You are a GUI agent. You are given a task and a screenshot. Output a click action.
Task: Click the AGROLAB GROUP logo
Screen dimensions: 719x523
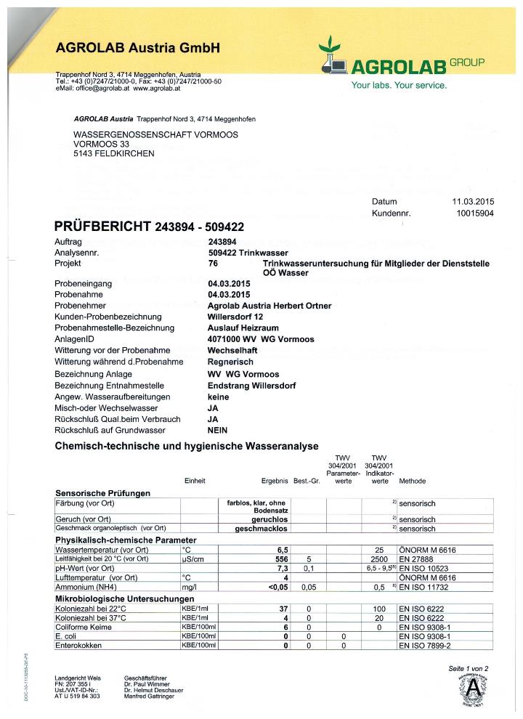401,62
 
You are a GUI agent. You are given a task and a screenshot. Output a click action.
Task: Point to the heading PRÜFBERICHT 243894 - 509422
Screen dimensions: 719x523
150,227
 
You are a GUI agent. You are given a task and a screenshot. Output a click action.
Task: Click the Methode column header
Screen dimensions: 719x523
412,481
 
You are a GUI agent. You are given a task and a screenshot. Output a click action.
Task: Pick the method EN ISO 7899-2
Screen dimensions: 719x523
425,645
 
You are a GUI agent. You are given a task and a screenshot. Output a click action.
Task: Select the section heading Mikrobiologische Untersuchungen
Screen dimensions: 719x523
123,598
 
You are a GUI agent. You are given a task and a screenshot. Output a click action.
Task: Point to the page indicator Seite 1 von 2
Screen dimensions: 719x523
469,667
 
